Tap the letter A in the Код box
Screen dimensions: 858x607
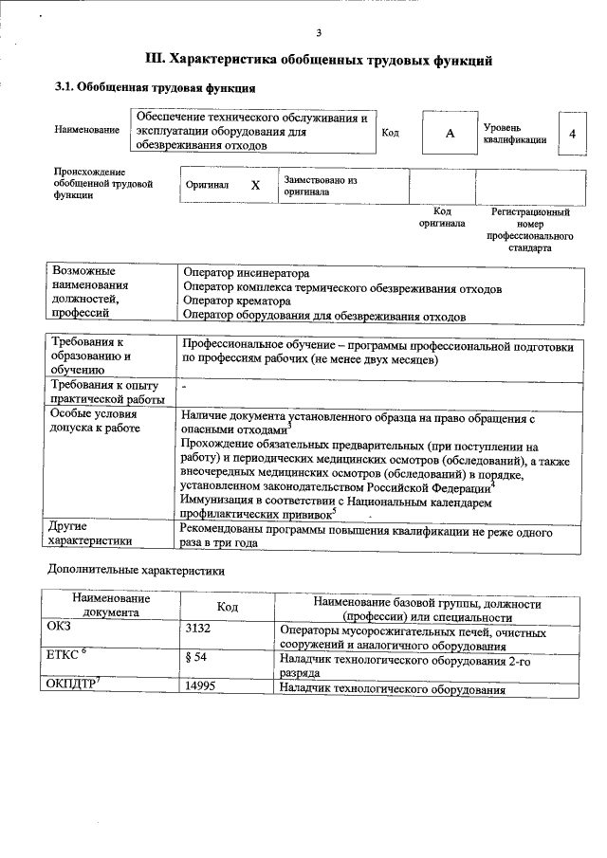451,134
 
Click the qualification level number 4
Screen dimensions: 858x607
572,134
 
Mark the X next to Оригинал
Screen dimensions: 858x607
255,186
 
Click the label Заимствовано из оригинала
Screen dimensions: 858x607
320,185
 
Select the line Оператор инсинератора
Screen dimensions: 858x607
246,273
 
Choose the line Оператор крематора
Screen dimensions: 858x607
236,301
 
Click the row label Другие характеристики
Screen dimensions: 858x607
93,535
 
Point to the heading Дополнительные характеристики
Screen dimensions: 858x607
137,572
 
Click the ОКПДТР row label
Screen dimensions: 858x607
72,685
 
